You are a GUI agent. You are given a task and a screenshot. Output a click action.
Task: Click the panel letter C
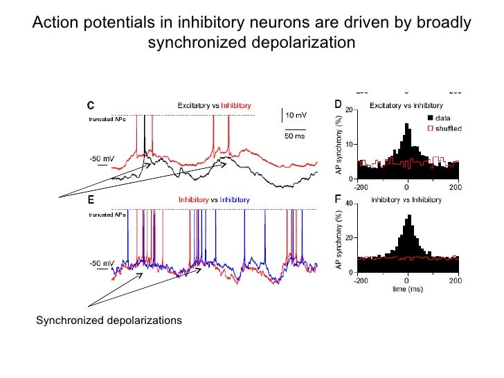[90, 106]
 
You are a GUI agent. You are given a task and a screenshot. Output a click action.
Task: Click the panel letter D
[338, 105]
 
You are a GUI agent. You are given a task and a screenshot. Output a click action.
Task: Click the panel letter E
[90, 200]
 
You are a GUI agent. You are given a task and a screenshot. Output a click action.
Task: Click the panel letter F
[338, 199]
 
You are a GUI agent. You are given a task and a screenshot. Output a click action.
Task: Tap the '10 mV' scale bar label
[298, 114]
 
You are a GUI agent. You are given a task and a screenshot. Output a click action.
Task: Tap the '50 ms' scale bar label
[296, 136]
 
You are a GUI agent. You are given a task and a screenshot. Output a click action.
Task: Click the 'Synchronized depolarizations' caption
[109, 320]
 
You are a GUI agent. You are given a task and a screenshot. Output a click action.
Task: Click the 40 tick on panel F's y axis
[352, 204]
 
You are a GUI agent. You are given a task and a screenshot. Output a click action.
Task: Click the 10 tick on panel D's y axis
[352, 144]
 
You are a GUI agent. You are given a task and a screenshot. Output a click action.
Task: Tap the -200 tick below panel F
[360, 280]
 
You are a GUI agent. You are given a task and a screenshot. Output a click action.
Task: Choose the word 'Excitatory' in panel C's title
[195, 105]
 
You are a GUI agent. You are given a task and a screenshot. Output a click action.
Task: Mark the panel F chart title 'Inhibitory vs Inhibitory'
[406, 199]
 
